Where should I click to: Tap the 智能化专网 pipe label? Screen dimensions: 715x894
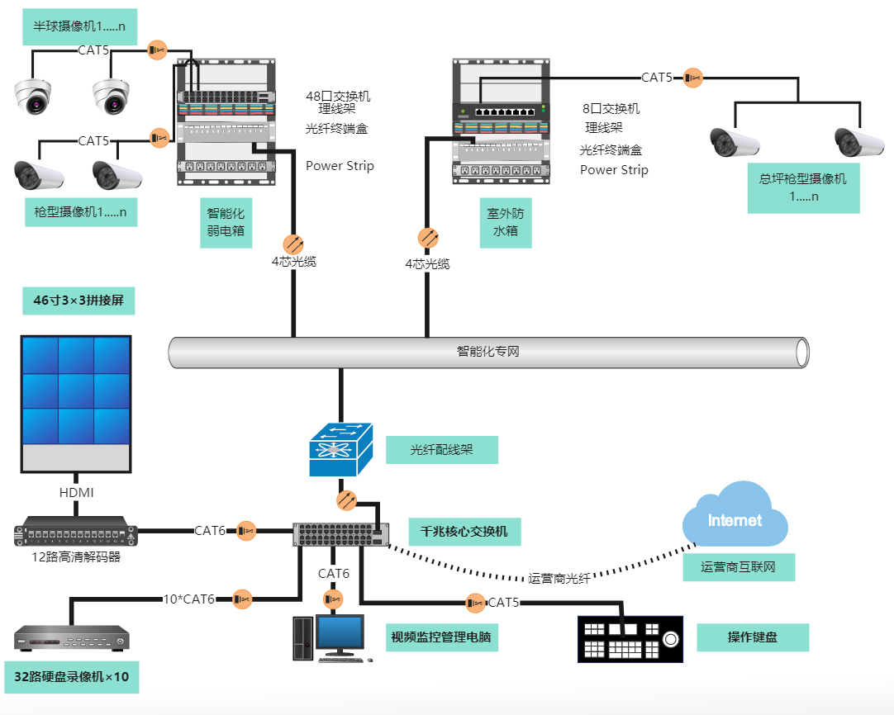coord(488,352)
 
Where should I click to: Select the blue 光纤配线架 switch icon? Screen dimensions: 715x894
coord(341,450)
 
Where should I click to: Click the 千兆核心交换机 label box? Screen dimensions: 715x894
coord(464,533)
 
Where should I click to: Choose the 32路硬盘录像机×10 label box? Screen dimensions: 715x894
coord(71,677)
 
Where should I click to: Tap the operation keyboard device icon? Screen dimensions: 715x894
coord(630,639)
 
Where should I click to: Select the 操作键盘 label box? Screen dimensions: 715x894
coord(752,637)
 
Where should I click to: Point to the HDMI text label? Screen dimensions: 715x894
coord(76,493)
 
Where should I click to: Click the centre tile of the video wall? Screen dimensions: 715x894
coord(76,391)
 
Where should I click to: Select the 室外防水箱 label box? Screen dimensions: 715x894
coord(506,222)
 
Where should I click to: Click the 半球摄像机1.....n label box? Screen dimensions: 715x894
coord(79,26)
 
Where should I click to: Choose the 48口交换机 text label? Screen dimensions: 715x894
coord(338,97)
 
